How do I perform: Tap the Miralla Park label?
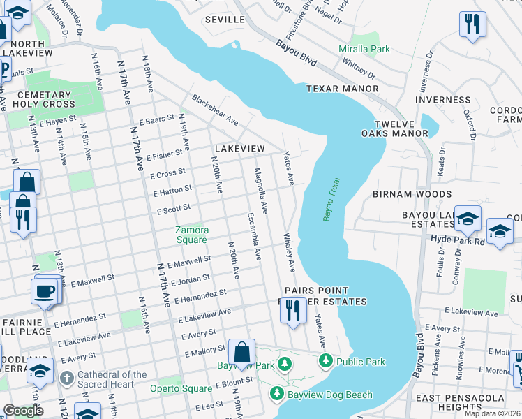pyautogui.click(x=364, y=49)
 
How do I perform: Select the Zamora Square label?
pyautogui.click(x=191, y=235)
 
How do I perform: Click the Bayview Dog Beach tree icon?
pyautogui.click(x=276, y=395)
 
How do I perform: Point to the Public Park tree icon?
pyautogui.click(x=325, y=361)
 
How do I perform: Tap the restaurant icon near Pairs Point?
pyautogui.click(x=292, y=309)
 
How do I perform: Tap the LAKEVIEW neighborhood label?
pyautogui.click(x=239, y=149)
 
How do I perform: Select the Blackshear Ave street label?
pyautogui.click(x=215, y=110)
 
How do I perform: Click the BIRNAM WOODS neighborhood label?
pyautogui.click(x=412, y=194)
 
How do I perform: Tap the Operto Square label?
pyautogui.click(x=181, y=388)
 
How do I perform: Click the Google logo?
pyautogui.click(x=22, y=411)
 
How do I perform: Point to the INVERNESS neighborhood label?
pyautogui.click(x=444, y=100)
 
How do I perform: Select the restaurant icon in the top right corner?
pyautogui.click(x=472, y=24)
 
